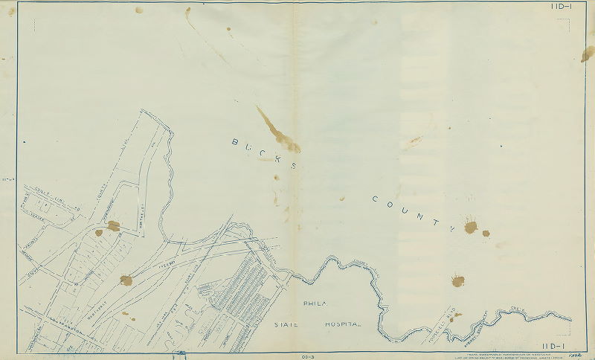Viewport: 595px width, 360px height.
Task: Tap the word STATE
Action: [286, 325]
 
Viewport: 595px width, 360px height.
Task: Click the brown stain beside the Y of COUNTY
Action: [470, 226]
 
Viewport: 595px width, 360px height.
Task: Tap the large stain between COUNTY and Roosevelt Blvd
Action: [457, 280]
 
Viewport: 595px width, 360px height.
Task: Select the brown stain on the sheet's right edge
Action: [588, 54]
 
